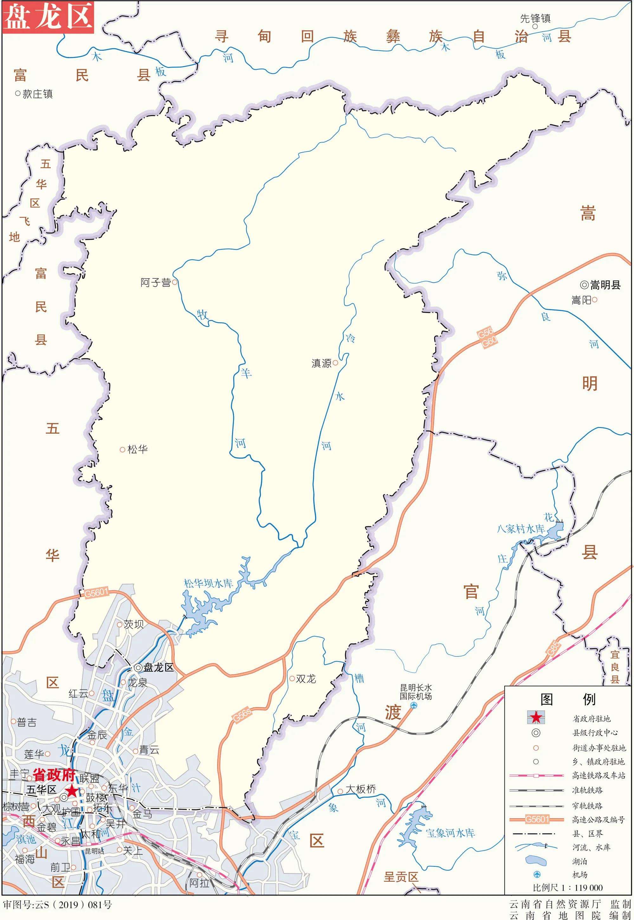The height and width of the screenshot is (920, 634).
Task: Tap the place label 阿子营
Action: pyautogui.click(x=156, y=283)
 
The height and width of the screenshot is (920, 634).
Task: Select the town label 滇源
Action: pyautogui.click(x=321, y=363)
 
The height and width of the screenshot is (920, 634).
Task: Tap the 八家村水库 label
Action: pyautogui.click(x=521, y=529)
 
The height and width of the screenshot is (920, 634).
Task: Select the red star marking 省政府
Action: pyautogui.click(x=72, y=791)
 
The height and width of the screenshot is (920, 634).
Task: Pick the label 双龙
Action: pyautogui.click(x=306, y=679)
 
